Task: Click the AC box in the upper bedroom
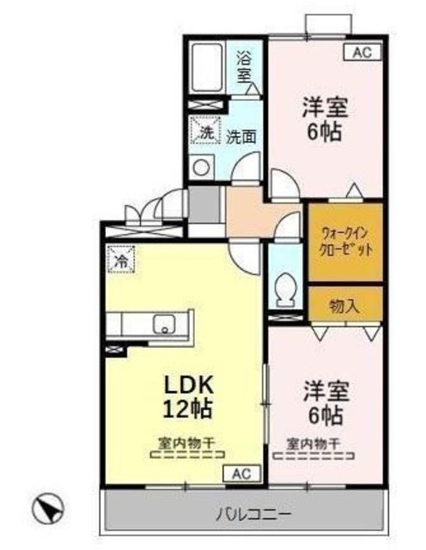[362, 52]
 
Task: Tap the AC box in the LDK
[242, 474]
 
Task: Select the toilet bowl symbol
[287, 290]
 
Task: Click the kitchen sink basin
[165, 324]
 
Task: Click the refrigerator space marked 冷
[121, 260]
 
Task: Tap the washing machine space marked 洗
[205, 130]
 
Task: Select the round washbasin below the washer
[202, 167]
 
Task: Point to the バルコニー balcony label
[253, 515]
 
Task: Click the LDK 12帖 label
[189, 396]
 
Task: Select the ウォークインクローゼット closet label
[346, 241]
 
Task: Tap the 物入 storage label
[344, 307]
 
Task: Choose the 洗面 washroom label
[240, 137]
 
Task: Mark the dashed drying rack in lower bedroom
[313, 456]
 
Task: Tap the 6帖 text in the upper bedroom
[325, 131]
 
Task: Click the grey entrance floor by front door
[204, 205]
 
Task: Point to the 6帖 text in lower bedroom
[326, 415]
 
